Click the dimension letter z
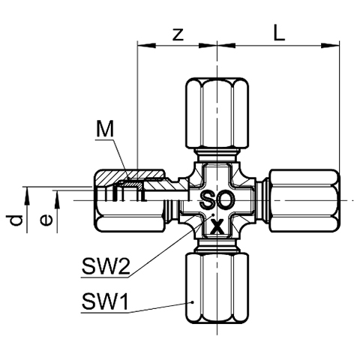coord(178,35)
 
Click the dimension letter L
coord(279,32)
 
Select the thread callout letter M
coord(105,129)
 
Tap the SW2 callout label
coord(106,266)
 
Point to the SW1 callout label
coord(105,301)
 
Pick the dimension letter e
coord(46,220)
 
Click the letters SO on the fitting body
coord(217,199)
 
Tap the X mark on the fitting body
coord(217,226)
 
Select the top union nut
coord(217,113)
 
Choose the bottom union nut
coord(217,289)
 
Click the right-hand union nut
coord(304,201)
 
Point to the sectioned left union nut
coord(130,201)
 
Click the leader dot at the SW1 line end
coord(192,302)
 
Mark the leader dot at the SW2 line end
coord(213,214)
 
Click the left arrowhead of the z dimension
coord(147,46)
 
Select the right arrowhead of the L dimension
coord(330,46)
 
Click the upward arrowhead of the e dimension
coord(57,199)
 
